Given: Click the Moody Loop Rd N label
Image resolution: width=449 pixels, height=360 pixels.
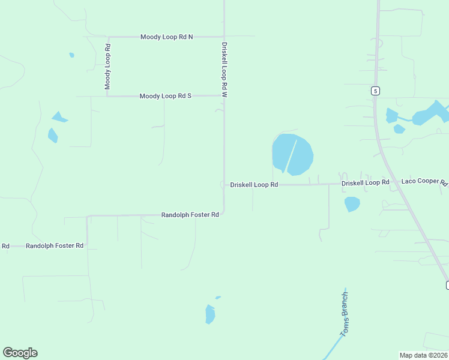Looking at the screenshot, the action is click(166, 37).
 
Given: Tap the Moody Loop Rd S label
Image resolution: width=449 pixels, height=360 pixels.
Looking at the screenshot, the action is click(165, 96).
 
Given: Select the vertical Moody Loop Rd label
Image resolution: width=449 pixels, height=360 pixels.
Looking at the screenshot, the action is click(108, 67).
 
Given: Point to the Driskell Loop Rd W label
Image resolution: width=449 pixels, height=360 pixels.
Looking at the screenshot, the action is click(224, 70).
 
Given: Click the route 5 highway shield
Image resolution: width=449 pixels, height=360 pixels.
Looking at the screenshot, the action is click(375, 91).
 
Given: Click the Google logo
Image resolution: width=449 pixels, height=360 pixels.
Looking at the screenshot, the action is click(20, 353).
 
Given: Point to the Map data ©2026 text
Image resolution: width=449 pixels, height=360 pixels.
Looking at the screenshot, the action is click(424, 355).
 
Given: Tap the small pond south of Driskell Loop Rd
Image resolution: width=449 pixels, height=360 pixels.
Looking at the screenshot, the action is click(352, 204).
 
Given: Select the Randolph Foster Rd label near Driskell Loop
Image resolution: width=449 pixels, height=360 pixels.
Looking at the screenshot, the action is click(190, 215).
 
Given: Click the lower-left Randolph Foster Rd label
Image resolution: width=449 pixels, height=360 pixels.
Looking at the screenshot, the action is click(54, 246).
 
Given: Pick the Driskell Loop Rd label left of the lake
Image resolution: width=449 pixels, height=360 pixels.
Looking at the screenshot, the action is click(254, 185).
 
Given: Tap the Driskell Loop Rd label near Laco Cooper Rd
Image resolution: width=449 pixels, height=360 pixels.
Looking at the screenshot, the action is click(365, 182).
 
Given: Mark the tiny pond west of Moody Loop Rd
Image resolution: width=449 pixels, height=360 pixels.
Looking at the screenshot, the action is click(71, 55).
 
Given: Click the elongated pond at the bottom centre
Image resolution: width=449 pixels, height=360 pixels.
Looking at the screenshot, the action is click(209, 314).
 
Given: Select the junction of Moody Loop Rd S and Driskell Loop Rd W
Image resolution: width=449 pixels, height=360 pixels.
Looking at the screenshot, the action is click(224, 95).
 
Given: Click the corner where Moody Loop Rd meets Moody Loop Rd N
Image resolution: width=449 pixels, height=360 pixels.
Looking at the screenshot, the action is click(108, 37).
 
